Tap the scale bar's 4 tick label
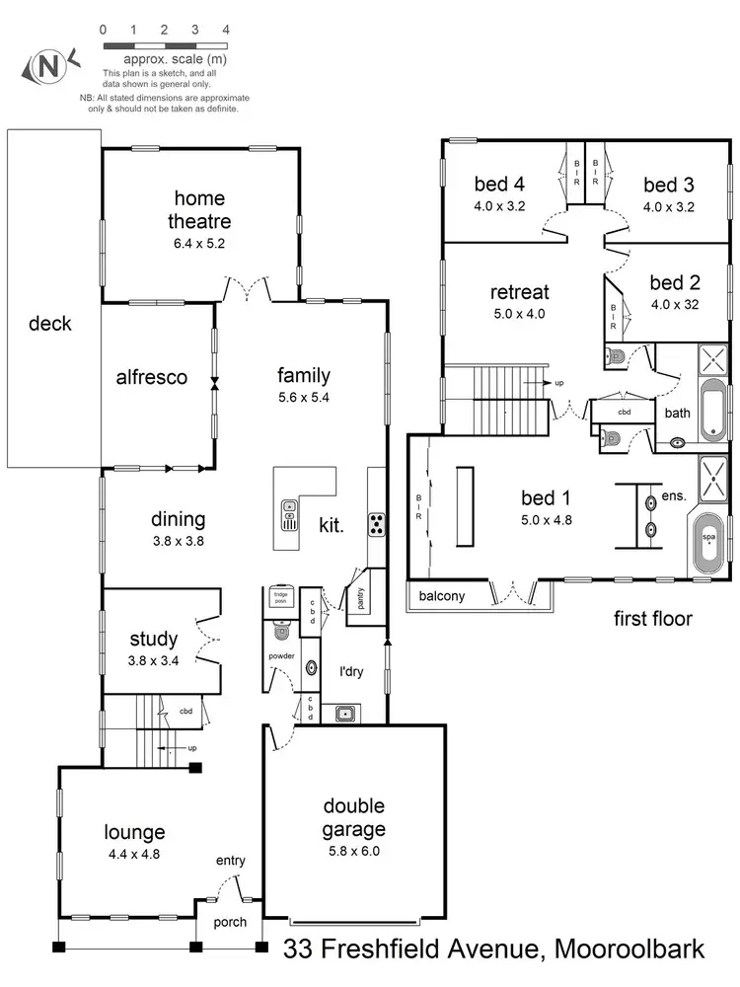(226, 30)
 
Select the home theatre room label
(199, 209)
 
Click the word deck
(50, 323)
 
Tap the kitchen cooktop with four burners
(376, 524)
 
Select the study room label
(153, 638)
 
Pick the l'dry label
(352, 671)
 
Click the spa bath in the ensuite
(708, 539)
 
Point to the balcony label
(442, 596)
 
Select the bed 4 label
(498, 185)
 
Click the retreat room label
(519, 293)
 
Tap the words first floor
(653, 620)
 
